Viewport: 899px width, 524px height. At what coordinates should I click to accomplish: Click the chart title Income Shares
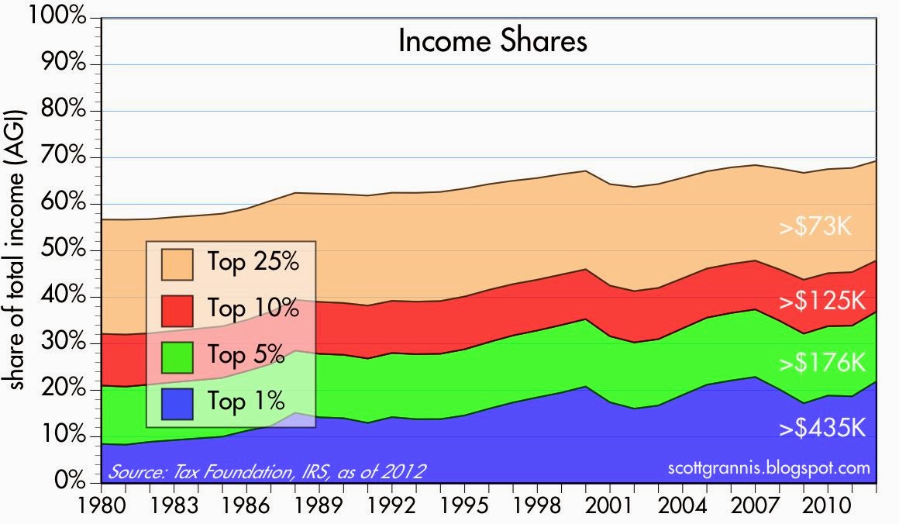tap(492, 41)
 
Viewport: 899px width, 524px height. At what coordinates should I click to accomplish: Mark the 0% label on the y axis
tap(68, 481)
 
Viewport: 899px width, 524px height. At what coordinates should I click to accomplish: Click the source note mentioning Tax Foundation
tap(268, 471)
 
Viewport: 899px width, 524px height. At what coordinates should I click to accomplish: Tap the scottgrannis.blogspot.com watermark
tap(768, 468)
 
